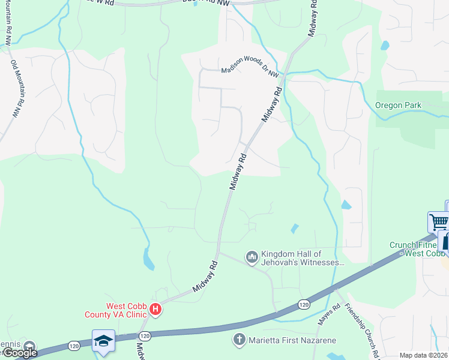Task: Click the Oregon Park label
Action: point(398,106)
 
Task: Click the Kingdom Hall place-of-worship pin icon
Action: point(252,257)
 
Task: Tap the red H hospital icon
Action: point(155,310)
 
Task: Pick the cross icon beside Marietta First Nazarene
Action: point(238,340)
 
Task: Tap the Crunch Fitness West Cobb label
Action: point(417,249)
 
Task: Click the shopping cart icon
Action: point(439,221)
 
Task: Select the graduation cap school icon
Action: point(104,341)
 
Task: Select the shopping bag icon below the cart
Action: point(445,242)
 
